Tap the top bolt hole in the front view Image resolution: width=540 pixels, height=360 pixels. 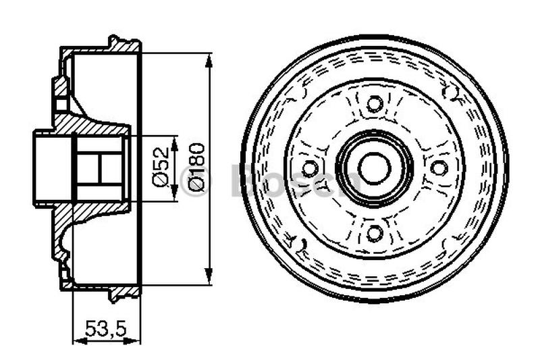(374, 104)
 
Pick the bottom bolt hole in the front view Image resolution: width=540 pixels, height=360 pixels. (374, 233)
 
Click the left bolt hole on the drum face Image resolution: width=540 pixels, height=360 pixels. (309, 168)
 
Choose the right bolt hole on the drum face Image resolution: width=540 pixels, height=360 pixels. (439, 168)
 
